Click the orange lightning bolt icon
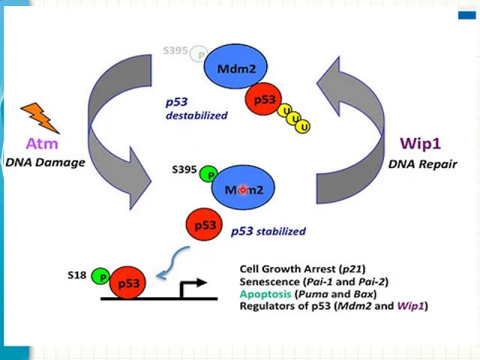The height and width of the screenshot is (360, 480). point(40,118)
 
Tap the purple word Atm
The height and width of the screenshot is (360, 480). point(42,143)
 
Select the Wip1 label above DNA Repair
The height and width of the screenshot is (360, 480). point(420,143)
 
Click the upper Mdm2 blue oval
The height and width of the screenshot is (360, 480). point(235,67)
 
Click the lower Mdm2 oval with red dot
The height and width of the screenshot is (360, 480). point(243,187)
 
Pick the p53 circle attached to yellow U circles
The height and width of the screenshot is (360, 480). point(263,99)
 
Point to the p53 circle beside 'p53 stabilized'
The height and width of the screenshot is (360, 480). point(205,225)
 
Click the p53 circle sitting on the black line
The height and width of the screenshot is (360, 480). point(128,283)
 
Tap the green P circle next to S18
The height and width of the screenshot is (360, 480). point(100,277)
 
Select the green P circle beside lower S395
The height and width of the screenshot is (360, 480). point(208,174)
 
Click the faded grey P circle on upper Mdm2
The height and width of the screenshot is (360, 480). point(199,54)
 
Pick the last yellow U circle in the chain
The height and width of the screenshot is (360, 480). point(303,127)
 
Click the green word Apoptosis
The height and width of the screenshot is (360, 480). point(265,294)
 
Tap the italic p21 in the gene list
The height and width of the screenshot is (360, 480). point(352,269)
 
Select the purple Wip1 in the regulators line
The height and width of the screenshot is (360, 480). point(411,306)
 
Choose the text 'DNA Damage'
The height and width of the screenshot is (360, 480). point(45,162)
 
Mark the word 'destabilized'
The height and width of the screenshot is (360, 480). point(196,115)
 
